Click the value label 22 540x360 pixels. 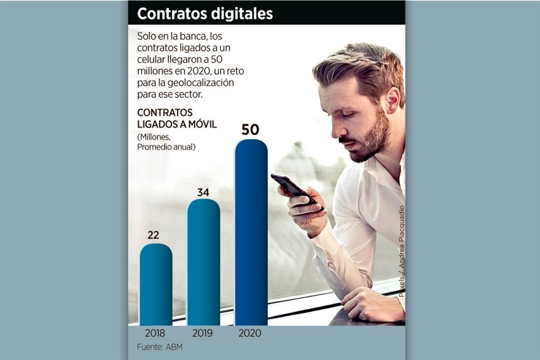(x=153, y=235)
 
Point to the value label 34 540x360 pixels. (x=203, y=192)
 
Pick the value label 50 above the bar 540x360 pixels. (x=250, y=130)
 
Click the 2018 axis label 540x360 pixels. (x=155, y=333)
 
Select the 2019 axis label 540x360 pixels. (x=203, y=333)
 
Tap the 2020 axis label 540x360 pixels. (x=250, y=333)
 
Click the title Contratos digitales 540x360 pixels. (x=205, y=13)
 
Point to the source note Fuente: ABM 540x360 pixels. (x=159, y=347)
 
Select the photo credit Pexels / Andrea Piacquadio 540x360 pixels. (x=402, y=251)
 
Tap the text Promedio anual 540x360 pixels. (x=166, y=147)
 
